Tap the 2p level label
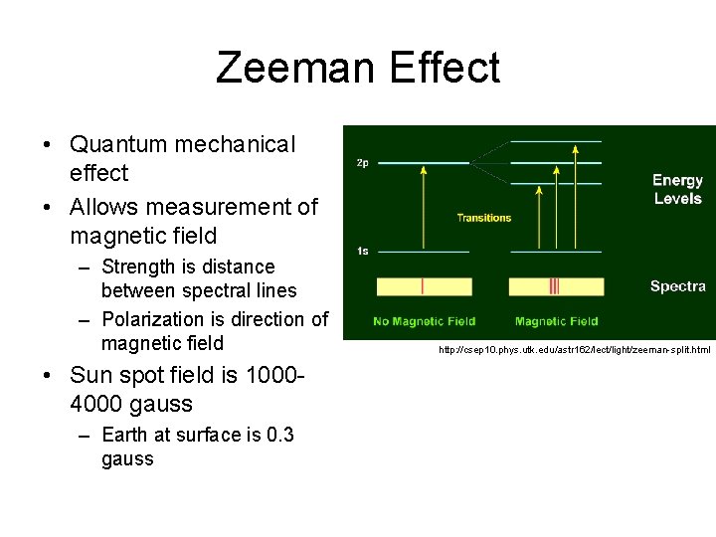362,163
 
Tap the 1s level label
362,251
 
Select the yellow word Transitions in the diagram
484,218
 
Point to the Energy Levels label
677,189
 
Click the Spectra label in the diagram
677,286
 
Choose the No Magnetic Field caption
424,321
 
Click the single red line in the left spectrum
424,286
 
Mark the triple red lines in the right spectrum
554,286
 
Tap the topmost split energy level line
556,142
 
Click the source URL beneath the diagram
575,350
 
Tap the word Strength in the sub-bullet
138,267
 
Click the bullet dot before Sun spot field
49,377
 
